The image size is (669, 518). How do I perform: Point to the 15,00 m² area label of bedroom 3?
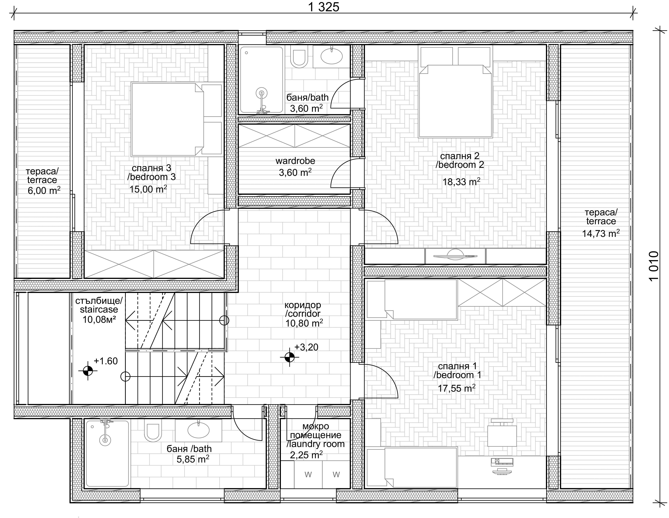pos(148,189)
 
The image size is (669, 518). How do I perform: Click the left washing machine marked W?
pos(308,475)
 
